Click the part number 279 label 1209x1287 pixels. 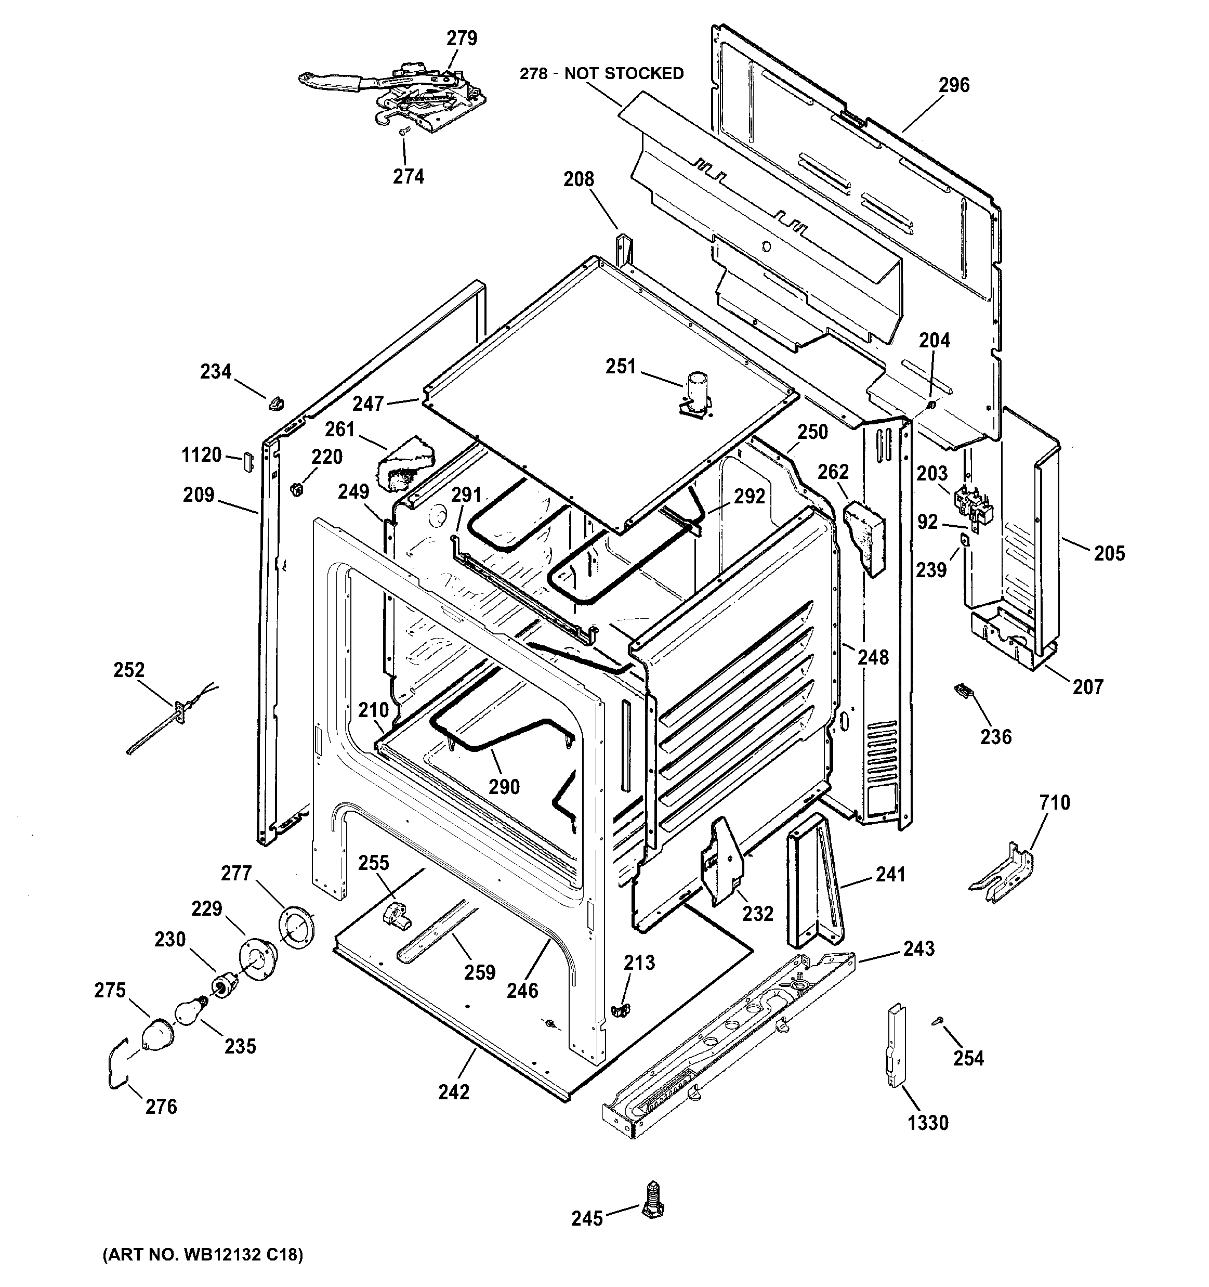[462, 39]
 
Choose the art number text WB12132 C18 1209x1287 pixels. [202, 1255]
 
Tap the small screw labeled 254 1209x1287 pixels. [937, 1020]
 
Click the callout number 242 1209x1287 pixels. [453, 1092]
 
